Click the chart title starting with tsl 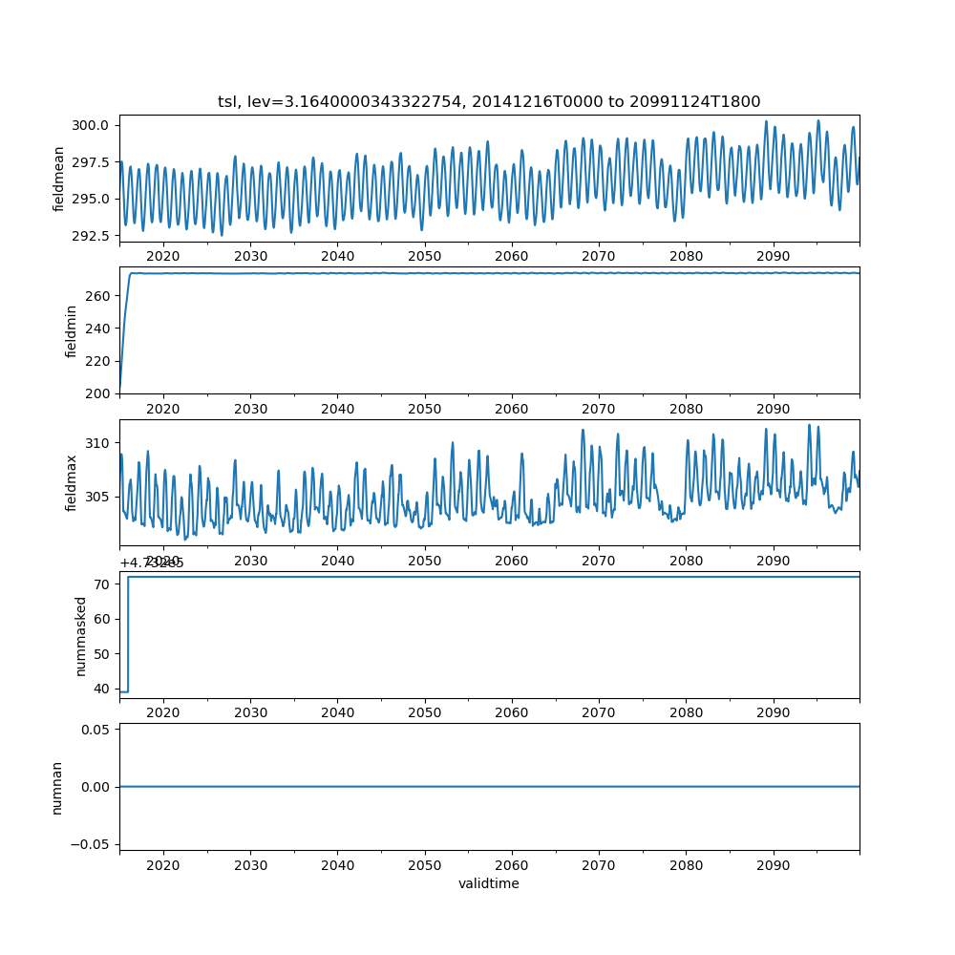point(489,101)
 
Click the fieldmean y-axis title point(59,179)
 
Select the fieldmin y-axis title point(71,330)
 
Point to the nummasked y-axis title point(81,636)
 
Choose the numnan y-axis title point(57,787)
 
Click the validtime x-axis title point(489,884)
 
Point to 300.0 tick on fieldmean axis point(94,125)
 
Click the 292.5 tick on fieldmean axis point(94,236)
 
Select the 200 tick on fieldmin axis point(99,393)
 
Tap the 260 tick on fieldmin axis point(99,296)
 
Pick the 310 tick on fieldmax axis point(99,443)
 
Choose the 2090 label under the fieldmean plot point(773,256)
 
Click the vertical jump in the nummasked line point(128,634)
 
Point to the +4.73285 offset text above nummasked point(152,563)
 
